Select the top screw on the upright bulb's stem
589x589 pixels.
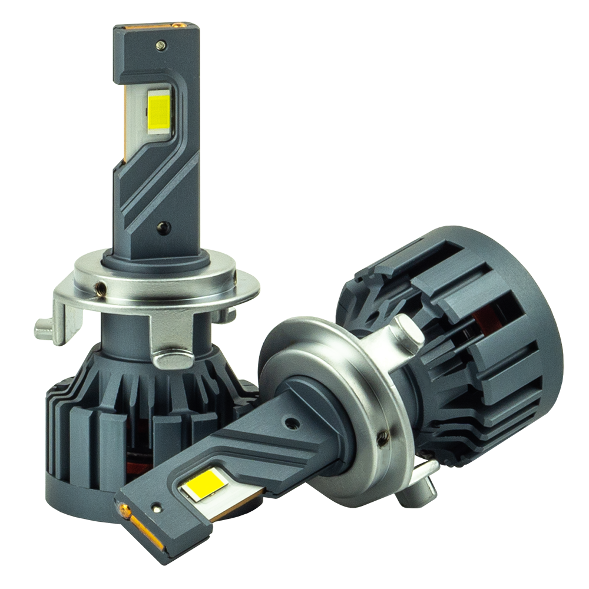click(x=160, y=44)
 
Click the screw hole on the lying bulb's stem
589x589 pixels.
click(x=289, y=422)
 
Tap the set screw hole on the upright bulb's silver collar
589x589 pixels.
click(x=101, y=288)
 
